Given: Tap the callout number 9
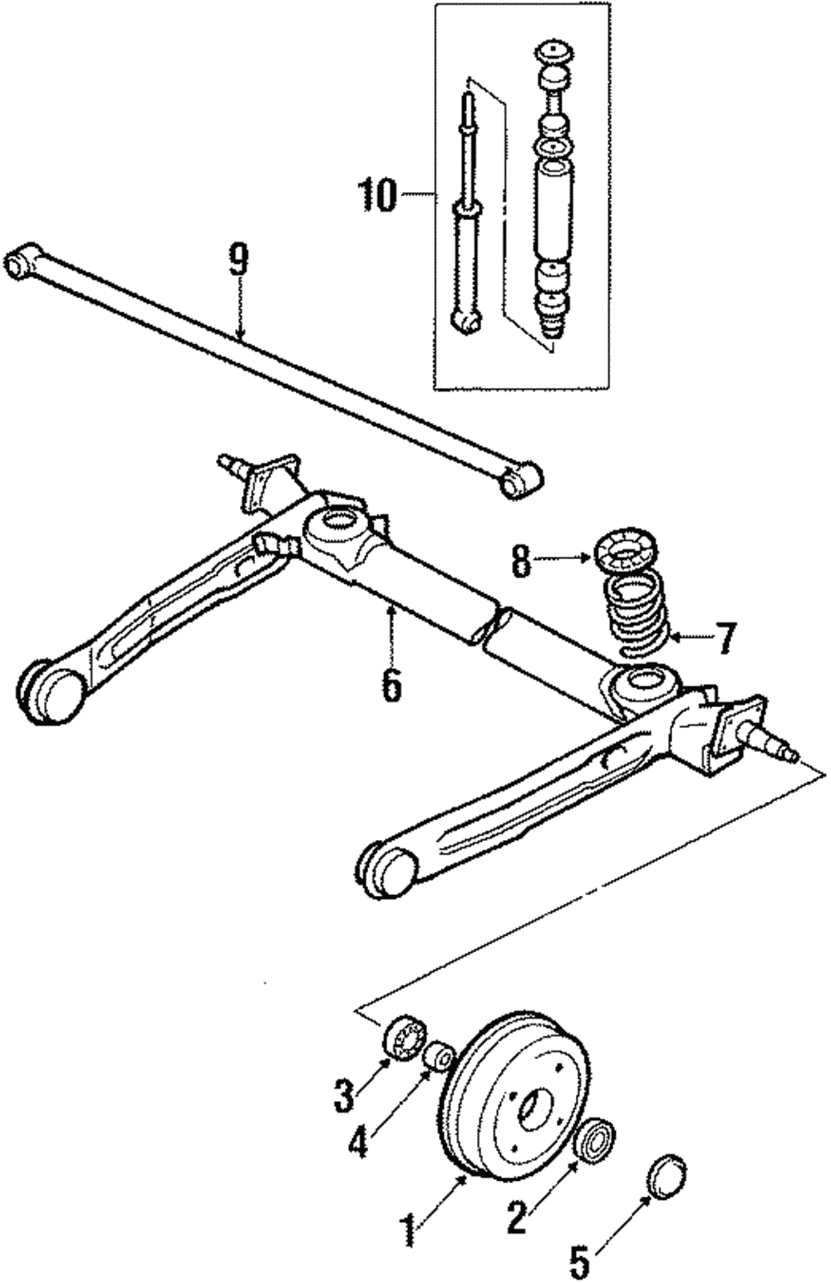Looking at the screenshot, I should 238,261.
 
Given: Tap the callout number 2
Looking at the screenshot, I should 516,1216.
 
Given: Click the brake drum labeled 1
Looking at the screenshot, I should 515,1093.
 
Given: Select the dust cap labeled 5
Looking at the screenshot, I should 666,1175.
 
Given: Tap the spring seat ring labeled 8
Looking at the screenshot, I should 628,555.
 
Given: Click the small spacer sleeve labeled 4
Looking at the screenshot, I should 439,1057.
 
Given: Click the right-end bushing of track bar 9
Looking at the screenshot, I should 521,479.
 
